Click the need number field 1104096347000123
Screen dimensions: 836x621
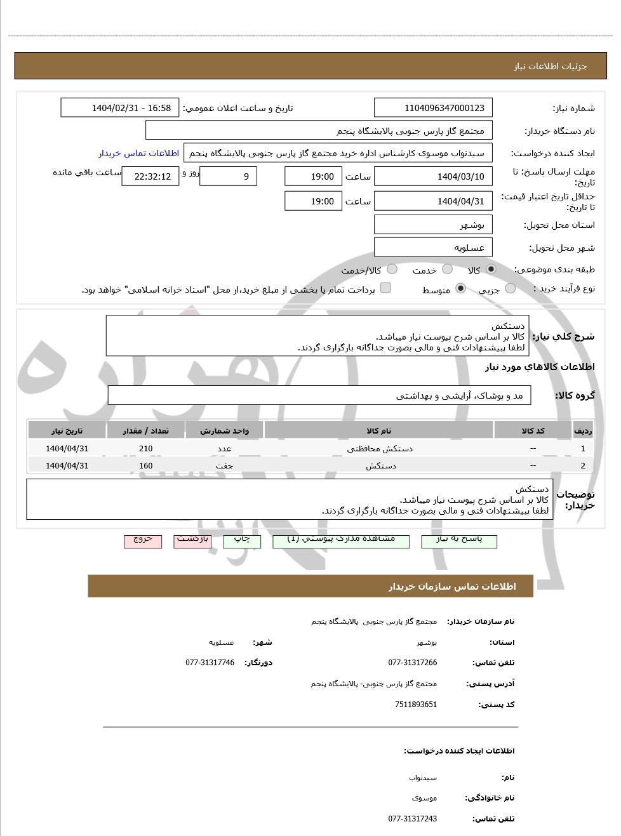tap(433, 108)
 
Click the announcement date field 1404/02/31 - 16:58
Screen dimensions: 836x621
tap(120, 108)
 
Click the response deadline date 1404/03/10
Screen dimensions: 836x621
tap(433, 176)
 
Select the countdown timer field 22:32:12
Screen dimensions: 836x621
tap(150, 176)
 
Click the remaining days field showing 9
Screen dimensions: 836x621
tap(228, 176)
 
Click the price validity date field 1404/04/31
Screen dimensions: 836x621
tap(433, 201)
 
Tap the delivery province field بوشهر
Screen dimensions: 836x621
tap(433, 225)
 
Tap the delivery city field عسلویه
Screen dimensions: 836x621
tap(433, 248)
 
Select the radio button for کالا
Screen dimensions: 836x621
tap(491, 269)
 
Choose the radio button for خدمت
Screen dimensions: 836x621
tap(448, 269)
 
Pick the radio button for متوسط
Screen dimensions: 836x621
tap(461, 289)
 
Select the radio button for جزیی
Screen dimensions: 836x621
tap(511, 289)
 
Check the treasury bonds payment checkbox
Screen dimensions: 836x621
tap(385, 288)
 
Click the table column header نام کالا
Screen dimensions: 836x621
tap(378, 430)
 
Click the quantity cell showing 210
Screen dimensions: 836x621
tap(146, 448)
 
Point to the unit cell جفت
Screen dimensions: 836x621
tap(224, 465)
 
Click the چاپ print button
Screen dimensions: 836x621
tap(242, 540)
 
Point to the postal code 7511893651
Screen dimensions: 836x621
tap(415, 705)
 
